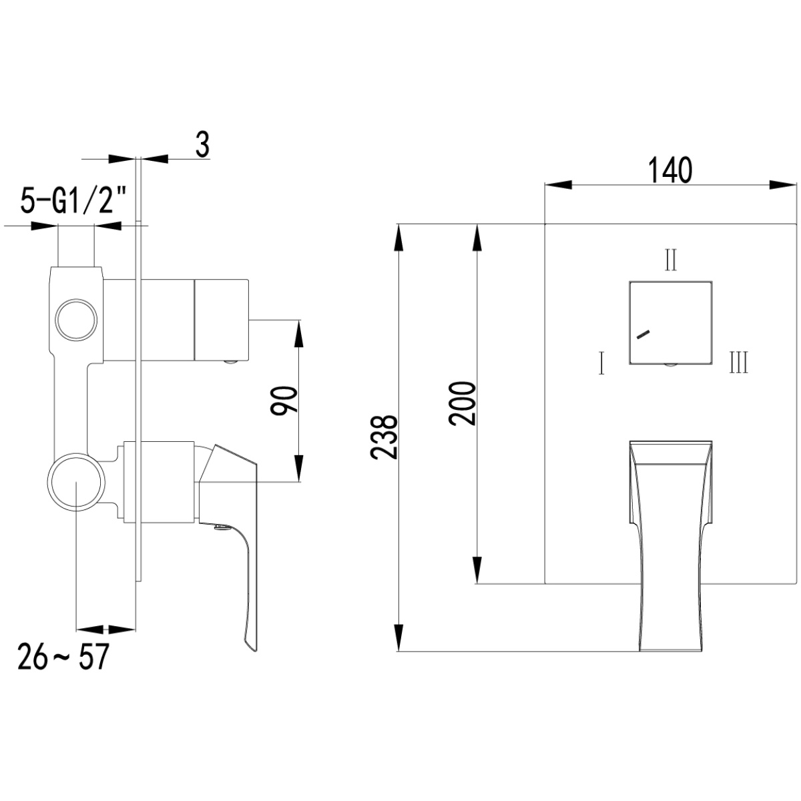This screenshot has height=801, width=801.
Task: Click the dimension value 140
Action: pyautogui.click(x=670, y=170)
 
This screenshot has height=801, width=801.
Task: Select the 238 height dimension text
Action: pyautogui.click(x=384, y=437)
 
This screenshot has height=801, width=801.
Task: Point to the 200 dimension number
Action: pyautogui.click(x=461, y=403)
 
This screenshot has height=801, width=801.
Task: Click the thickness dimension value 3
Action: pyautogui.click(x=202, y=145)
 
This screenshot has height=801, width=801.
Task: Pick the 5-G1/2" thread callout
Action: pyautogui.click(x=73, y=200)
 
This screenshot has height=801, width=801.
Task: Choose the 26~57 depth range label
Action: pyautogui.click(x=63, y=668)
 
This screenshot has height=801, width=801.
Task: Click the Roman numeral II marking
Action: pyautogui.click(x=671, y=260)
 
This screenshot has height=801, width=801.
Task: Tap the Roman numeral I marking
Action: pyautogui.click(x=601, y=363)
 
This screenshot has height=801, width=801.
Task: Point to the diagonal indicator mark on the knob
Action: pyautogui.click(x=643, y=334)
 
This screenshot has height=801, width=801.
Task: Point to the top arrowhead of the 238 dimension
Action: pyautogui.click(x=398, y=238)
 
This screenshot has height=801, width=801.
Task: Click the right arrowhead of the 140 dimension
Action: pyautogui.click(x=782, y=185)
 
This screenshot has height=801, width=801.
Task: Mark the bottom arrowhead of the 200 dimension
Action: pyautogui.click(x=477, y=570)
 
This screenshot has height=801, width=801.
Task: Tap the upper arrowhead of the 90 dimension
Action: pyautogui.click(x=299, y=333)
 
